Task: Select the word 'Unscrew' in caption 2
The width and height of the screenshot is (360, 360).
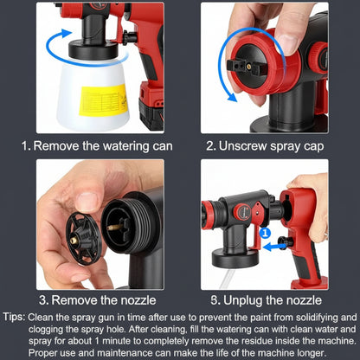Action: point(240,146)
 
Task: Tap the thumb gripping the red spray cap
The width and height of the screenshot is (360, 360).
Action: point(279,35)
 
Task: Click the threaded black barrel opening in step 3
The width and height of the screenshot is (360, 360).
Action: point(121,226)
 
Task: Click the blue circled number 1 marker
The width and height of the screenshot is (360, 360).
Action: point(264,232)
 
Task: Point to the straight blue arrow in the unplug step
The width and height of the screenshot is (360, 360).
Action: point(276,247)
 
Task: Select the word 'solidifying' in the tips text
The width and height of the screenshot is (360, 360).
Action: point(331,318)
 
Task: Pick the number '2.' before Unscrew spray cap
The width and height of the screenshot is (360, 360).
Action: point(213,146)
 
